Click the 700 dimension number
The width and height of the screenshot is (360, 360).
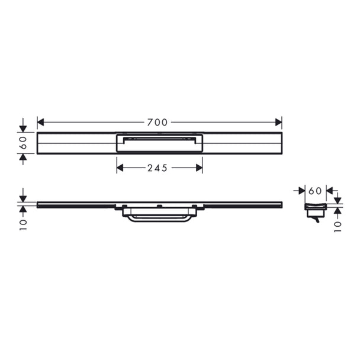point(157,123)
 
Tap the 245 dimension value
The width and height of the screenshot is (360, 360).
point(157,168)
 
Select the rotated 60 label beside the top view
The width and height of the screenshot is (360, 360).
point(24,143)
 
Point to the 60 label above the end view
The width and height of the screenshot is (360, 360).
point(315,191)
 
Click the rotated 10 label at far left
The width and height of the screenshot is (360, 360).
point(23,225)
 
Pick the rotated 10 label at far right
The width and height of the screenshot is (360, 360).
point(337,227)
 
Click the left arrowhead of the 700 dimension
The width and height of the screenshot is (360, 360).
point(40,123)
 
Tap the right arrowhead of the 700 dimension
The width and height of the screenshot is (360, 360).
point(278,123)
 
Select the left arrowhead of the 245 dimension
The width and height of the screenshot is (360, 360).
point(120,168)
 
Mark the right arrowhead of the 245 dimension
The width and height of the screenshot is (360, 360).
point(200,168)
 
